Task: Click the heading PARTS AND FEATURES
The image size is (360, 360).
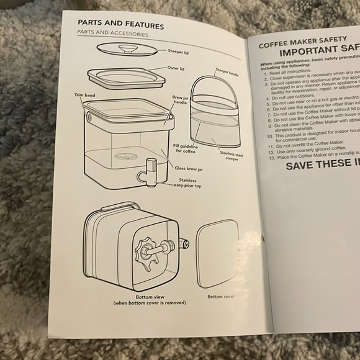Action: tap(120, 25)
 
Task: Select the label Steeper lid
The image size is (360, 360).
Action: tap(179, 52)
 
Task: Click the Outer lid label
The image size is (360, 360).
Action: tap(176, 69)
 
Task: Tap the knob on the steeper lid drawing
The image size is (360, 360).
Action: tap(129, 48)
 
